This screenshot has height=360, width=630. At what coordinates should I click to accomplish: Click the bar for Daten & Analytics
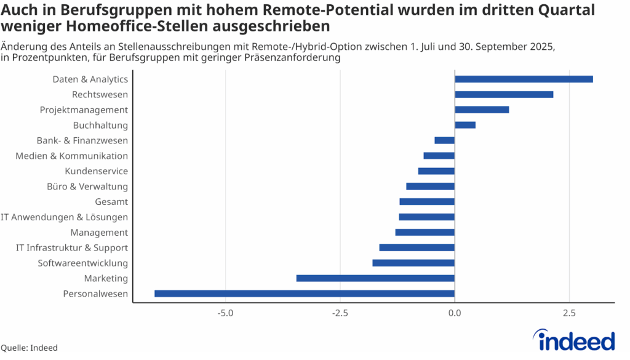[524, 79]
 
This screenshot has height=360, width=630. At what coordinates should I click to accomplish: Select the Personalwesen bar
[304, 294]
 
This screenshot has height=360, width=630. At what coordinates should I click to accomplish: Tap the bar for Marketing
[375, 278]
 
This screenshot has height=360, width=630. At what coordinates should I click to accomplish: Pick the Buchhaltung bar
[465, 125]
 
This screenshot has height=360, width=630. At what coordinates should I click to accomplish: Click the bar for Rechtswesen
[504, 94]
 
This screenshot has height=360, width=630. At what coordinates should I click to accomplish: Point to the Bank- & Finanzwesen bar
[444, 140]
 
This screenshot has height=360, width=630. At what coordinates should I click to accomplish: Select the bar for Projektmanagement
[482, 110]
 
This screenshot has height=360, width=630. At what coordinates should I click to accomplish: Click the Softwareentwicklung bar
[413, 263]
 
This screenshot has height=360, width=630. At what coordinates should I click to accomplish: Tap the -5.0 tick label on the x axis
[225, 314]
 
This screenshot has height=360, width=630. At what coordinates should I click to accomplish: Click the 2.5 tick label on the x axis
[569, 314]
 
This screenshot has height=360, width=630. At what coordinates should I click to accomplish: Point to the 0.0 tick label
[455, 314]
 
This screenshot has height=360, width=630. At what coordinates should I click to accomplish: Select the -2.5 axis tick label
[340, 314]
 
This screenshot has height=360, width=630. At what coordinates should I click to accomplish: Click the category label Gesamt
[111, 202]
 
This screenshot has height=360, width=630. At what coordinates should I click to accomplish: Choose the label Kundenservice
[96, 171]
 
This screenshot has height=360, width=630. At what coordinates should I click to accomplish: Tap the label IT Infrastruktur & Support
[72, 248]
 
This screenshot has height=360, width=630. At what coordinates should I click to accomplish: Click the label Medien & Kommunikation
[72, 156]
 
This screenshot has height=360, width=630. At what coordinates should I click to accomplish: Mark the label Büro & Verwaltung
[87, 186]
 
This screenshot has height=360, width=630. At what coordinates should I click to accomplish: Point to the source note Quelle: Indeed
[29, 348]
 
